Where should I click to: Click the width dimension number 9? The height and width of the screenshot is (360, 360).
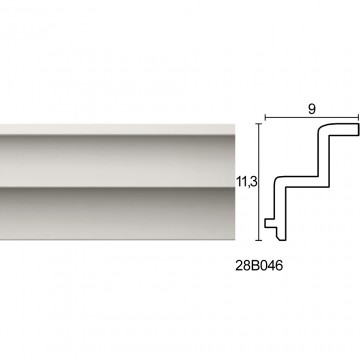click(312, 109)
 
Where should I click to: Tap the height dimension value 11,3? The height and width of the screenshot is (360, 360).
click(247, 183)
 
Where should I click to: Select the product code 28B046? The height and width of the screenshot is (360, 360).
click(259, 266)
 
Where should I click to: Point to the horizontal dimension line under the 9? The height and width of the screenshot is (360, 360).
click(312, 117)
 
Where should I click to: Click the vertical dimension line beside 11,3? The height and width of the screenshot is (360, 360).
click(259, 182)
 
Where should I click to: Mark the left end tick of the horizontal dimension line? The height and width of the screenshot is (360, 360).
click(265, 117)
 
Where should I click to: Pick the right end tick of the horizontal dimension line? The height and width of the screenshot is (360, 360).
click(358, 117)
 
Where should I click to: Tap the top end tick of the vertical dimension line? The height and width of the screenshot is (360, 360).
click(259, 123)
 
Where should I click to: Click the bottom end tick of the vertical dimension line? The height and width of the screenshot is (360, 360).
click(259, 240)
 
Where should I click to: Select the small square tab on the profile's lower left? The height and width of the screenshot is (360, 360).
click(269, 223)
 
